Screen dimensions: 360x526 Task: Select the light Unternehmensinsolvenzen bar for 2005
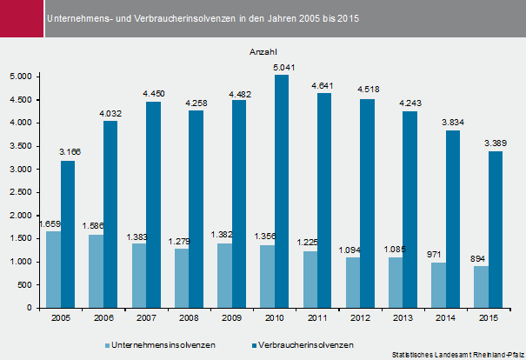54,270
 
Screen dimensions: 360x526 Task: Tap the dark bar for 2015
494,230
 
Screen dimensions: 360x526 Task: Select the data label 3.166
69,152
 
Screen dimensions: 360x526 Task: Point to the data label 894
480,257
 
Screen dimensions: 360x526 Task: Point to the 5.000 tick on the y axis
19,77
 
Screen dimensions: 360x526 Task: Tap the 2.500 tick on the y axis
19,192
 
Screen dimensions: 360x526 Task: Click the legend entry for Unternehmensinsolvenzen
166,344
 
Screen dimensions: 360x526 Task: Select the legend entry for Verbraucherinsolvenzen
300,344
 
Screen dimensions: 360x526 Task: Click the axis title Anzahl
263,52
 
